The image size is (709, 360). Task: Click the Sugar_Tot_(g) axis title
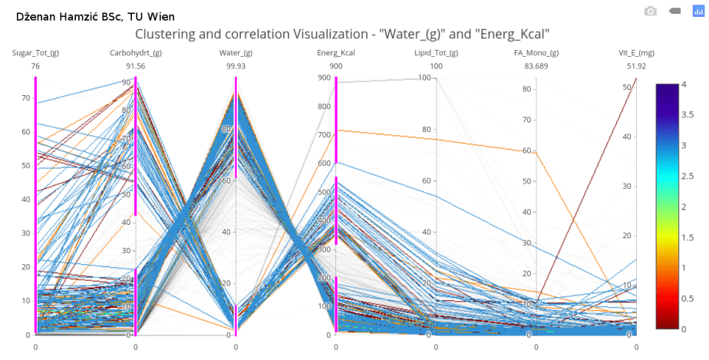click(x=35, y=53)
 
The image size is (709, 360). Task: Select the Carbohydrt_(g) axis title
click(x=135, y=53)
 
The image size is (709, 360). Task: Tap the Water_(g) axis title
click(x=236, y=53)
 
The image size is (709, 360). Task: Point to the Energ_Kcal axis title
click(x=335, y=53)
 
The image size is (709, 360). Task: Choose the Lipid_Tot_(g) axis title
click(x=436, y=53)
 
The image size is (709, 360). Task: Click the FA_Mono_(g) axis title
click(x=536, y=53)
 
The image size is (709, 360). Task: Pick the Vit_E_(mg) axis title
click(x=636, y=53)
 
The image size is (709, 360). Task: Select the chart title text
click(x=342, y=34)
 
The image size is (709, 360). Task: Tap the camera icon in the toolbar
click(x=650, y=11)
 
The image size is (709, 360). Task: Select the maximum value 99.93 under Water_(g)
click(x=236, y=67)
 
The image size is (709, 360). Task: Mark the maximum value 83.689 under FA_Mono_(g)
click(x=536, y=67)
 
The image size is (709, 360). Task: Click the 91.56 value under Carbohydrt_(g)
click(x=135, y=67)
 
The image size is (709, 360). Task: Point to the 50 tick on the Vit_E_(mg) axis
click(x=626, y=88)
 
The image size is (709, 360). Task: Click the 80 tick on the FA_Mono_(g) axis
click(x=527, y=88)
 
